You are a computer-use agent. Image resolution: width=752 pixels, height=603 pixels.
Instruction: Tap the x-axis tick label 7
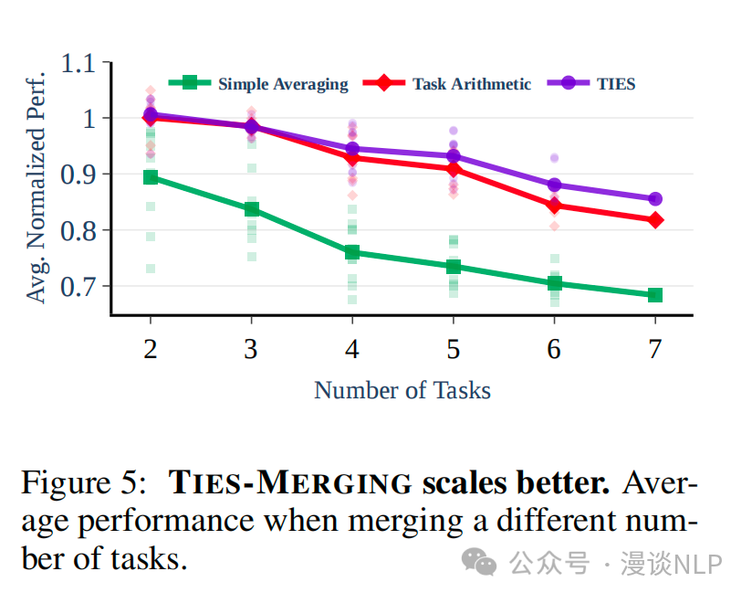(x=654, y=349)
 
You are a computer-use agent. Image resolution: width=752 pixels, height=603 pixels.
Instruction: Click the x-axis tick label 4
(x=352, y=349)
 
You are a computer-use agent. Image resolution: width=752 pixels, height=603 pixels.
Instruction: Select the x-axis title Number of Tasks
(x=402, y=391)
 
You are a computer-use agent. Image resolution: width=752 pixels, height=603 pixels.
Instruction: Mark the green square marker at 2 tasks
(x=151, y=177)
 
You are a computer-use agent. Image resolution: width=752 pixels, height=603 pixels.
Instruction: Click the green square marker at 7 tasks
(x=655, y=295)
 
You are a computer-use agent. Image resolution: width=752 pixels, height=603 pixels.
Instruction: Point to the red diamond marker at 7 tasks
(x=655, y=220)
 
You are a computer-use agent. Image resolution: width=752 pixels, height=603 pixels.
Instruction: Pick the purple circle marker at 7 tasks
(x=655, y=199)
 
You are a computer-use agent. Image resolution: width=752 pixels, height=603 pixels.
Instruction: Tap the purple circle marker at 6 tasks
(x=554, y=185)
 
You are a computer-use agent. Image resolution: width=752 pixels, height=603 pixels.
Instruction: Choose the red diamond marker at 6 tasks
(x=554, y=206)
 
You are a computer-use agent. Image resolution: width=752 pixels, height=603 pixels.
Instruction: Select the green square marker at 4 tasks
(x=352, y=252)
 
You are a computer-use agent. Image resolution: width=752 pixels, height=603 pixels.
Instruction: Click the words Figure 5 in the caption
(x=81, y=482)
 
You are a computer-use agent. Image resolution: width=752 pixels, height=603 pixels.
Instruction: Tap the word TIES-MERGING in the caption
(x=292, y=482)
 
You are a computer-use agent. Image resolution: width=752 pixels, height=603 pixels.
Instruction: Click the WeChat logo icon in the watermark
(x=479, y=563)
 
